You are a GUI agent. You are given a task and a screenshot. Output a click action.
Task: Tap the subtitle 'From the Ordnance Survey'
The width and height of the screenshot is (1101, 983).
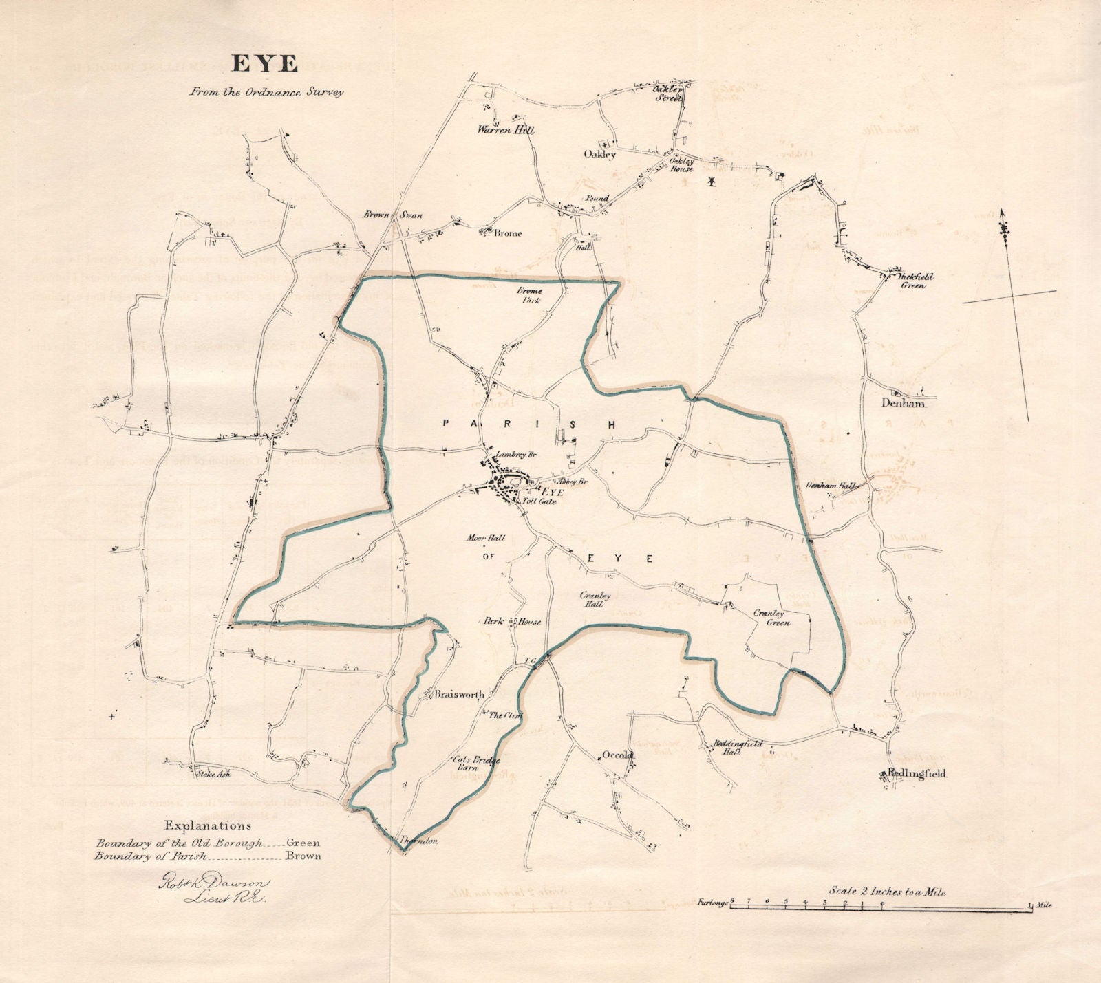pos(266,92)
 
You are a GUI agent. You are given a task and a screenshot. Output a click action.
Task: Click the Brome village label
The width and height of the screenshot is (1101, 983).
pos(508,233)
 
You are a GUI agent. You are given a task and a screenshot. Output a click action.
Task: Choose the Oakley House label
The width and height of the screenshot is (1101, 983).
pos(683,165)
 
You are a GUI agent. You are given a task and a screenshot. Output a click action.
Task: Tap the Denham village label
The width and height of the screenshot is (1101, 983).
pos(902,404)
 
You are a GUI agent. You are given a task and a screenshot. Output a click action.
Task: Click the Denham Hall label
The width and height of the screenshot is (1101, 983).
pos(831,486)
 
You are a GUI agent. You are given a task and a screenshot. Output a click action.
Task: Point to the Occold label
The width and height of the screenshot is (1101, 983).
pos(617,755)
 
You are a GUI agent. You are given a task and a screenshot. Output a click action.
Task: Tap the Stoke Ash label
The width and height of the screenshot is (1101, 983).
pos(213,773)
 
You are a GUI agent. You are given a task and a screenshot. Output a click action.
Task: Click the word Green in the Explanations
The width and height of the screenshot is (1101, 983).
pos(303,842)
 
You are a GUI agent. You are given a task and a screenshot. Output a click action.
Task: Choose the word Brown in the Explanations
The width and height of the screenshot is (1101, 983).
pos(304,856)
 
